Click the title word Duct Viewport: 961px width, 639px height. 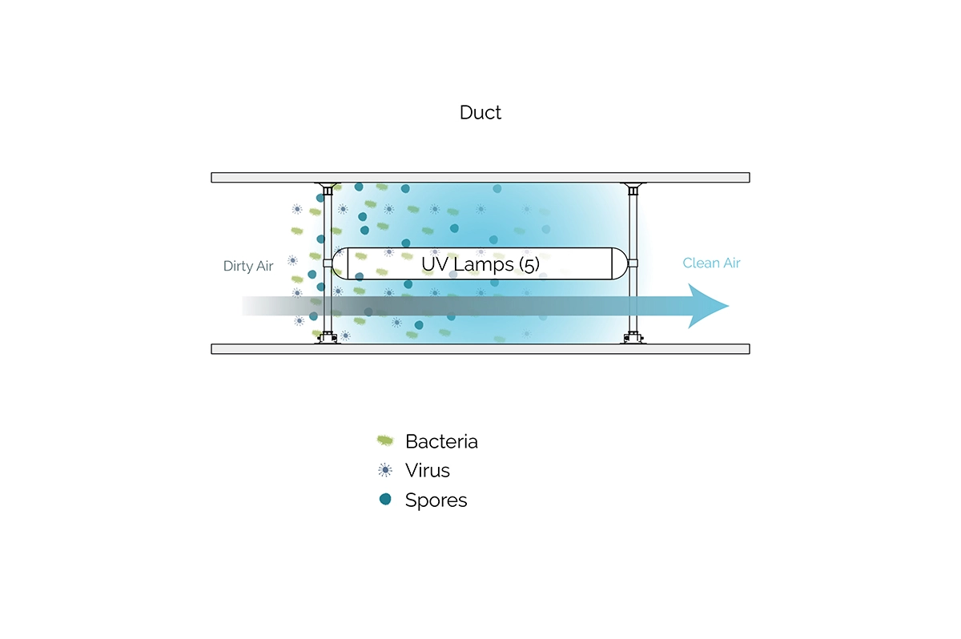pyautogui.click(x=480, y=112)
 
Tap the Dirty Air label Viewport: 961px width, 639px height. pyautogui.click(x=248, y=267)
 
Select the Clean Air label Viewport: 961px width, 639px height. pyautogui.click(x=712, y=263)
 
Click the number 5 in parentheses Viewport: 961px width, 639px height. pyautogui.click(x=529, y=263)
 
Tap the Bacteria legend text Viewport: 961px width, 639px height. pyautogui.click(x=441, y=441)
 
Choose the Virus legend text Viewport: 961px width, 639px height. pyautogui.click(x=428, y=470)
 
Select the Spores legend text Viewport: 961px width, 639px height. pyautogui.click(x=436, y=500)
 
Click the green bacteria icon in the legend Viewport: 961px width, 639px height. pyautogui.click(x=385, y=440)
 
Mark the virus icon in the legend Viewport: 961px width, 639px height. pyautogui.click(x=385, y=470)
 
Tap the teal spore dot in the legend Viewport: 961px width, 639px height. pyautogui.click(x=385, y=500)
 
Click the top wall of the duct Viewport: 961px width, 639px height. pyautogui.click(x=480, y=177)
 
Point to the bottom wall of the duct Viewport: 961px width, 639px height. pyautogui.click(x=480, y=348)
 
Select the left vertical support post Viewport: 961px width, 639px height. pyautogui.click(x=327, y=232)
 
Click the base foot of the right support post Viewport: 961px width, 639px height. pyautogui.click(x=633, y=339)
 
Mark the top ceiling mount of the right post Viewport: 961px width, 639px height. pyautogui.click(x=633, y=187)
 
